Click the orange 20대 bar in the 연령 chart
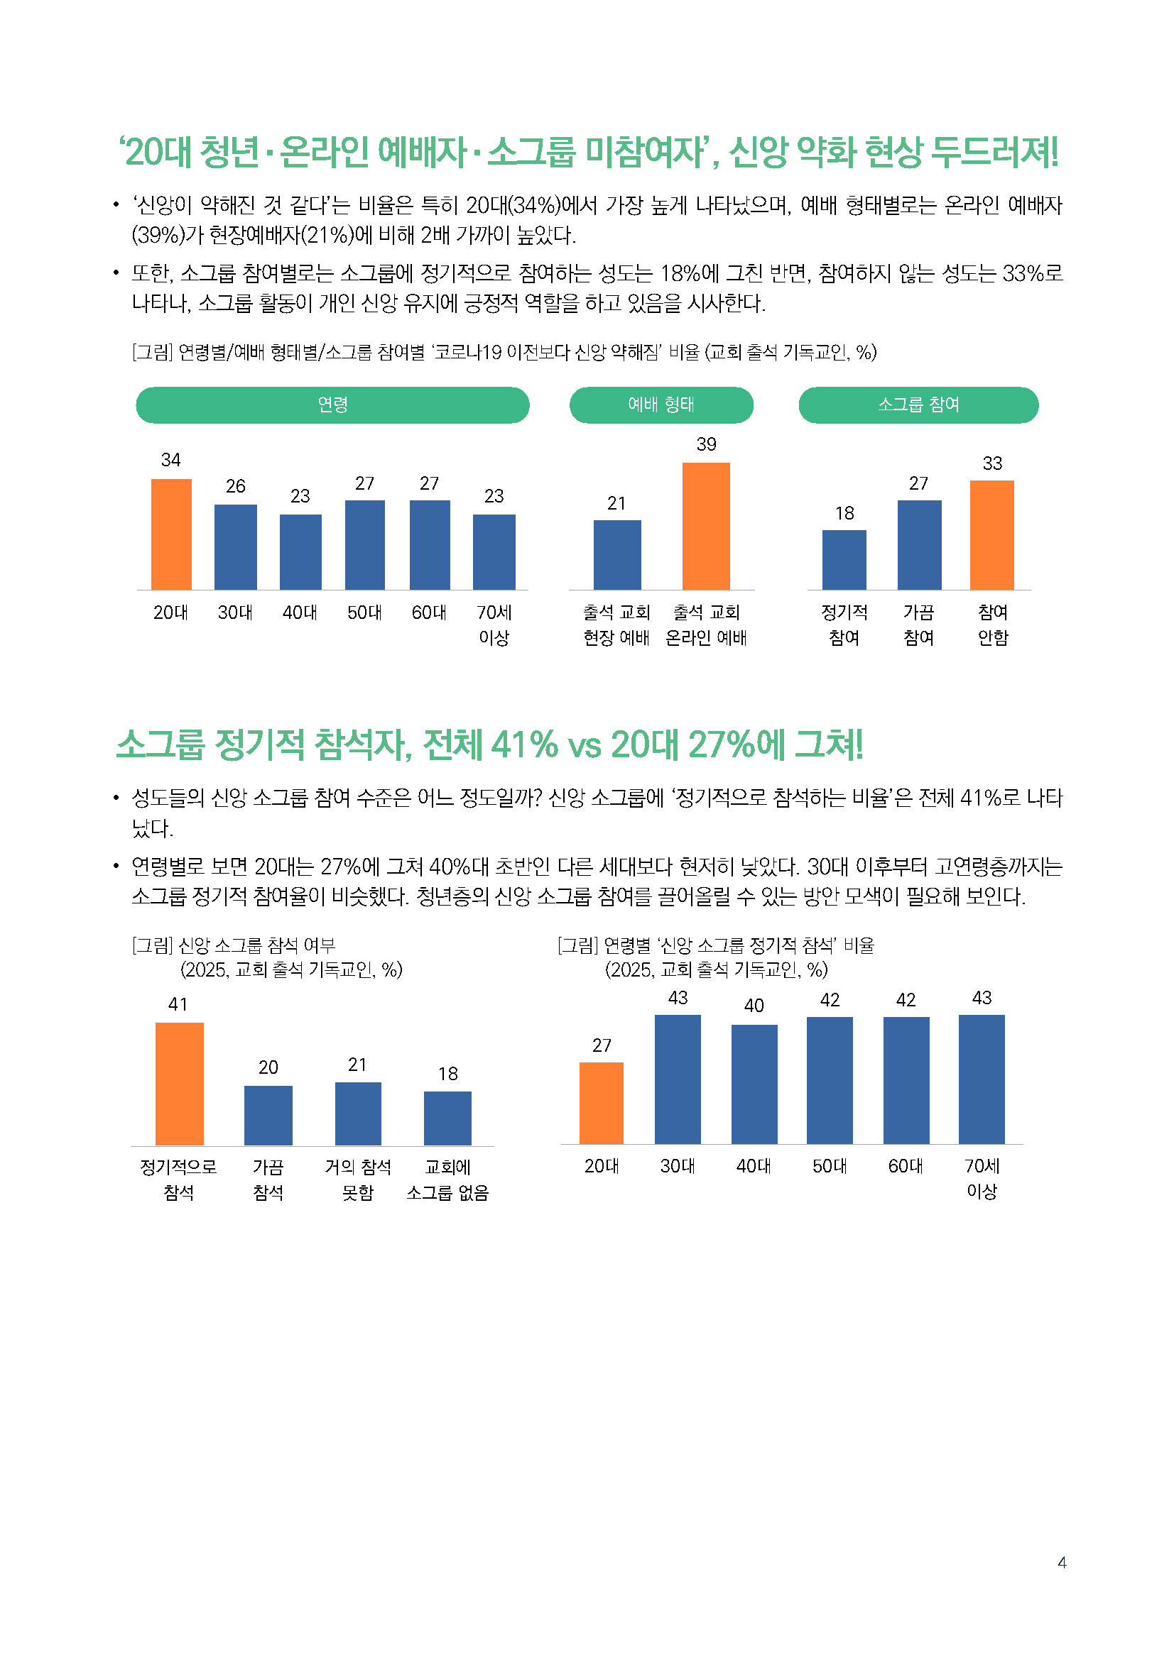pos(170,534)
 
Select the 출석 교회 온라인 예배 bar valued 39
pos(705,526)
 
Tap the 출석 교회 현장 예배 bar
pos(616,554)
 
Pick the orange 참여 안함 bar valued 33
pos(991,535)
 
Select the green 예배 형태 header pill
pos(661,405)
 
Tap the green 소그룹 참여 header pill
pos(917,405)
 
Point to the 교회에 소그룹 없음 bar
pos(447,1118)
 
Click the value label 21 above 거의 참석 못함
pos(357,1065)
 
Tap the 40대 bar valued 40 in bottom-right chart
pos(754,1084)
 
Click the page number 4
pos(1061,1562)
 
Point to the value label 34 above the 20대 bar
pos(170,460)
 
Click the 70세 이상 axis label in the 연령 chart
pos(494,625)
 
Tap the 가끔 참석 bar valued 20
pos(268,1115)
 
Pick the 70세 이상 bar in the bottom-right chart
pos(981,1079)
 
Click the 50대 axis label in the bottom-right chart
pos(829,1165)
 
